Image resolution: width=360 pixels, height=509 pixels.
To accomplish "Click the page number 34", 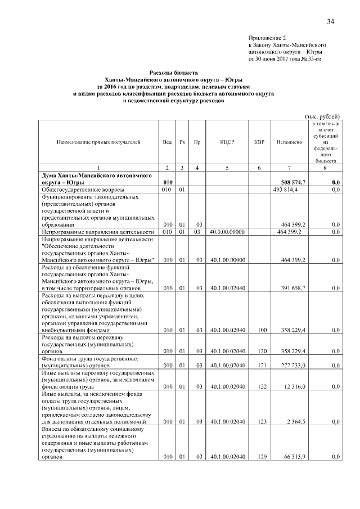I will (x=330, y=21).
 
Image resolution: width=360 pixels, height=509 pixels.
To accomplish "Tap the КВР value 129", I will (x=259, y=457).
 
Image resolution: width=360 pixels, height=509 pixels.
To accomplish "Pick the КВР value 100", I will (x=259, y=330).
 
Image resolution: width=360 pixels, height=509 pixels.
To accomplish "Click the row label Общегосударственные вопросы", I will (x=83, y=191).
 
